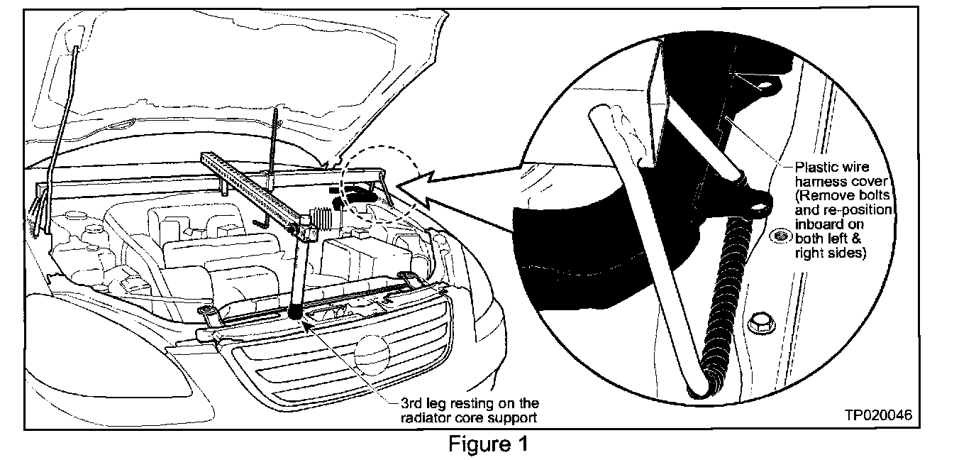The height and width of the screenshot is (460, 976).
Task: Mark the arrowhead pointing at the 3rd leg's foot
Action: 306,324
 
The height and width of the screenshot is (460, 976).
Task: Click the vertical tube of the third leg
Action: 296,273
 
